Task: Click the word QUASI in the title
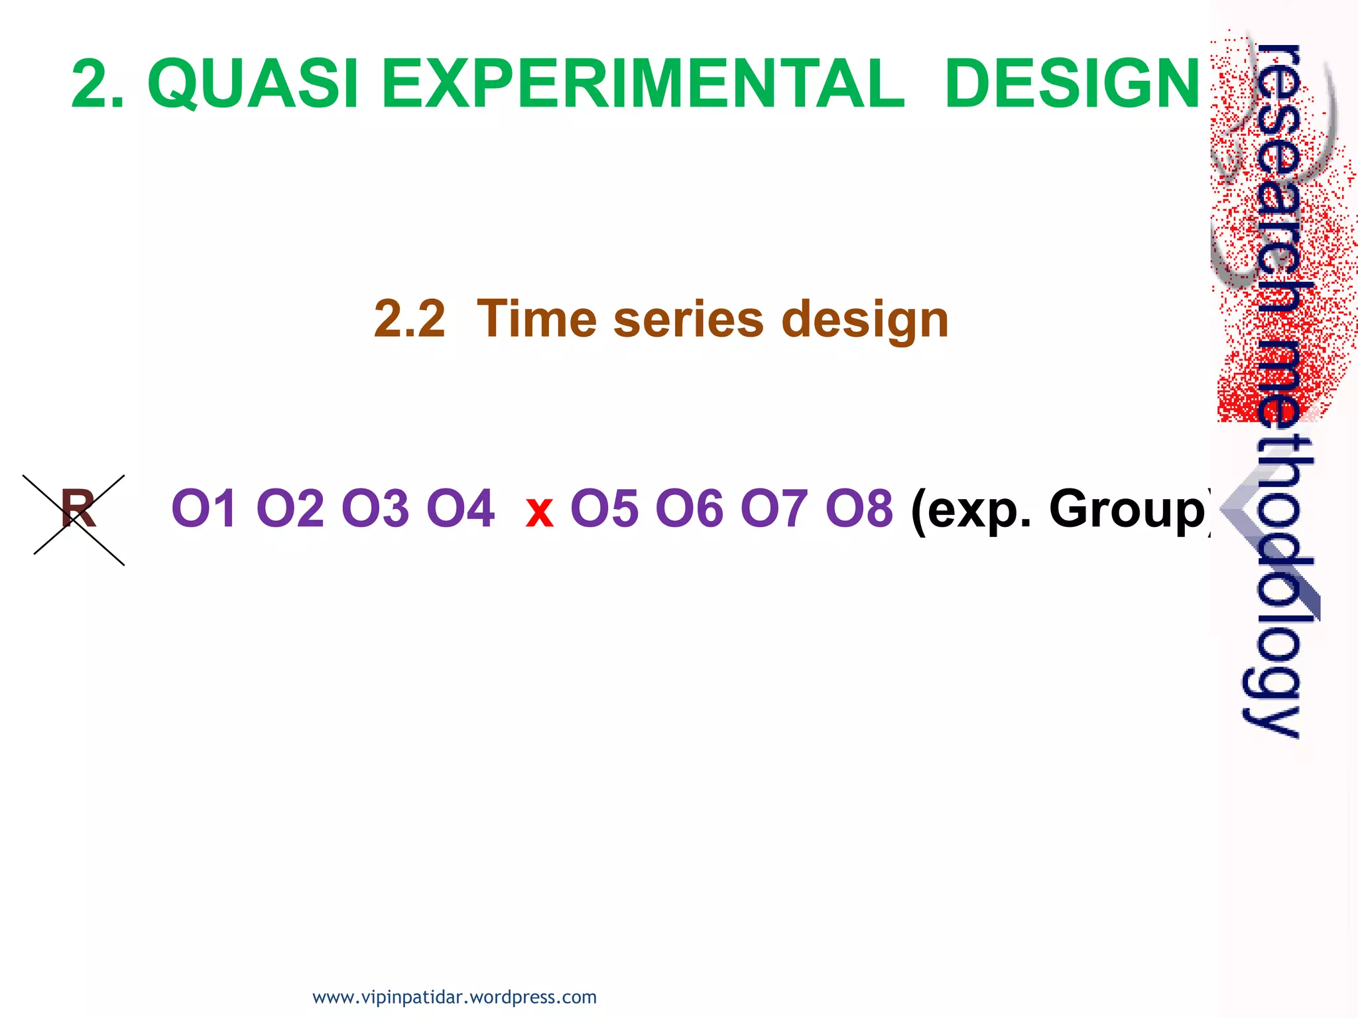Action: tap(253, 84)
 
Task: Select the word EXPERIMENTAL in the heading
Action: tap(643, 84)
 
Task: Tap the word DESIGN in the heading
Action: tap(1072, 84)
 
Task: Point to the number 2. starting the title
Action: tap(98, 84)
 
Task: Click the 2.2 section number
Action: tap(409, 319)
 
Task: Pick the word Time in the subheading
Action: tap(536, 319)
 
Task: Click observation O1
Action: tap(203, 509)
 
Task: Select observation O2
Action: tap(289, 509)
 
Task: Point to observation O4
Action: tap(460, 509)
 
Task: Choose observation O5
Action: tap(604, 509)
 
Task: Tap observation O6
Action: tap(689, 509)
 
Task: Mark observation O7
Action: tap(774, 509)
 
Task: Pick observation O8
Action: tap(859, 509)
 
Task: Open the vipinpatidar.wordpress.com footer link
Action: tap(454, 997)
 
